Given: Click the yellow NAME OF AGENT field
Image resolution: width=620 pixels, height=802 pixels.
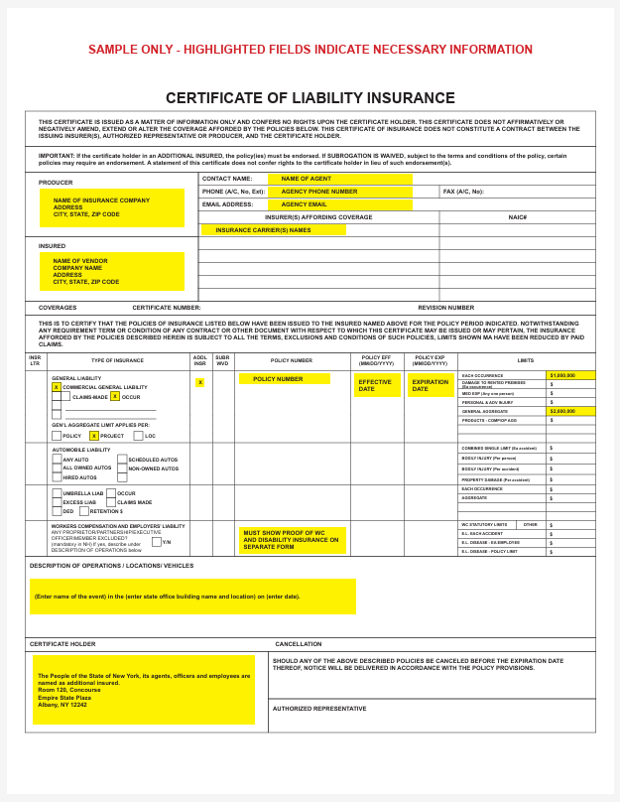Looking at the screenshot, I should click(x=339, y=179).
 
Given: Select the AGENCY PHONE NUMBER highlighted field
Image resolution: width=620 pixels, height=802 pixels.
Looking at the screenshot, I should click(x=339, y=192).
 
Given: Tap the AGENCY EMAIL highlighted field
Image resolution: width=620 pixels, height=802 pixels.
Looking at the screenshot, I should click(x=339, y=204).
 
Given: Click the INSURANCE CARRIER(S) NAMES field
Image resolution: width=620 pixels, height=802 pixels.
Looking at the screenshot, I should click(x=274, y=229).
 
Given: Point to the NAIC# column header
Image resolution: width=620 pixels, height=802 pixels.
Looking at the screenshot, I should click(x=517, y=216).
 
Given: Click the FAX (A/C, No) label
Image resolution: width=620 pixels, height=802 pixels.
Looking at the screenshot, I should click(x=463, y=192).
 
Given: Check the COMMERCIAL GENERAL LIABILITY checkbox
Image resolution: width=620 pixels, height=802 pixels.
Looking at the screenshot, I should click(x=57, y=387).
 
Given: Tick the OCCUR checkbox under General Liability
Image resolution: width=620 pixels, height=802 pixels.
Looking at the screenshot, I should click(x=115, y=396).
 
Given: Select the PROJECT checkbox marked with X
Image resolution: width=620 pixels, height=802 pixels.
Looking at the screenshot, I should click(x=94, y=436).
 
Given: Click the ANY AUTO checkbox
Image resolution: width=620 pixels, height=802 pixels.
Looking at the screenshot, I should click(x=57, y=460).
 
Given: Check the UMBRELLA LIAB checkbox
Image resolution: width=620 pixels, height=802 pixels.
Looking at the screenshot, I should click(x=57, y=493).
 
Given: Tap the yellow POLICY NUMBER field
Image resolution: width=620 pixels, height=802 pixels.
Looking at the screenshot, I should click(x=284, y=379).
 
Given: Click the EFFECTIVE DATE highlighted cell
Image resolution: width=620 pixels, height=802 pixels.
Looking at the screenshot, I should click(x=377, y=385).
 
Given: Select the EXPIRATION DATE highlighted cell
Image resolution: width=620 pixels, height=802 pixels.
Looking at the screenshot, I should click(x=431, y=385).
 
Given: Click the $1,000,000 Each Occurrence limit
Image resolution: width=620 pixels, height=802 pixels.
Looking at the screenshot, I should click(x=570, y=376).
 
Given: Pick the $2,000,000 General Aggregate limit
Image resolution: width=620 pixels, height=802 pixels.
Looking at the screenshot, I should click(x=570, y=411).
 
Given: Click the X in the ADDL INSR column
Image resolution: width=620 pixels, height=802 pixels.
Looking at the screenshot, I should click(x=199, y=382).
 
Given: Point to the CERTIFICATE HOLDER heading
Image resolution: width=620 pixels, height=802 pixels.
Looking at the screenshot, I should click(x=62, y=644).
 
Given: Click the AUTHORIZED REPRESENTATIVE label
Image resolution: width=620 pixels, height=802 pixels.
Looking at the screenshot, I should click(x=319, y=709).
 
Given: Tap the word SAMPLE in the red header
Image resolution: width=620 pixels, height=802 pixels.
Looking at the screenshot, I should click(x=112, y=50).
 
